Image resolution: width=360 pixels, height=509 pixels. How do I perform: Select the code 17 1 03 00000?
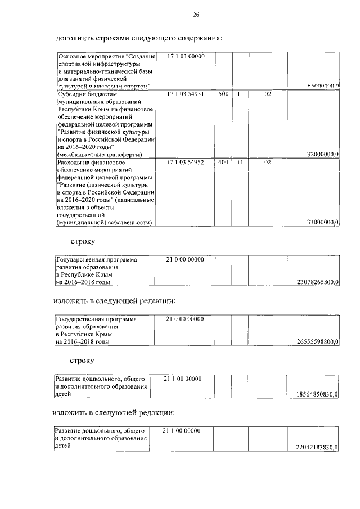click(186, 57)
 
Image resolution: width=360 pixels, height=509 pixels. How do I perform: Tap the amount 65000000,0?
click(323, 86)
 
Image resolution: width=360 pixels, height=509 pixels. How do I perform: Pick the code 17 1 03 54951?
click(186, 94)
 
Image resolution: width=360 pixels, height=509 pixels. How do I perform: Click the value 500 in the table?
click(223, 94)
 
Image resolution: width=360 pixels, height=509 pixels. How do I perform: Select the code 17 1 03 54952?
click(186, 162)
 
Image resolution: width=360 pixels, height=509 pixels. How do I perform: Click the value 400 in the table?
click(223, 162)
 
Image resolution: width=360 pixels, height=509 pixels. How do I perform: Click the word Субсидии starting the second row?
click(71, 94)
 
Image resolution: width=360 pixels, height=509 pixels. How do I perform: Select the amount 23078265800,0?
click(317, 282)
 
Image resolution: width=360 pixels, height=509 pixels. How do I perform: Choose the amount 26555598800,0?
click(317, 341)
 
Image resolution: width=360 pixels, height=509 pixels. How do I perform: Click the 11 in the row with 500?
click(240, 94)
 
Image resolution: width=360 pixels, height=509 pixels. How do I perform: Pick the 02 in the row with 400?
click(268, 162)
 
